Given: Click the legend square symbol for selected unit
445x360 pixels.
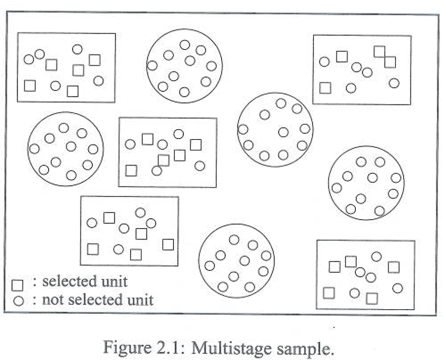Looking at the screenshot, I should click(x=17, y=285).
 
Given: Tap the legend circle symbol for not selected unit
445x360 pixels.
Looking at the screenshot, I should click(x=18, y=300).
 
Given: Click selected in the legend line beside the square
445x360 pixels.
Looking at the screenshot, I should click(x=72, y=281).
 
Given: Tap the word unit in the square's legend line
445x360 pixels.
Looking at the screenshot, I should click(x=116, y=281).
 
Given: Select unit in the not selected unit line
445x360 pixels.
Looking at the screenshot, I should click(x=141, y=300).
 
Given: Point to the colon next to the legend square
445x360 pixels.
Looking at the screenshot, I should click(x=34, y=282).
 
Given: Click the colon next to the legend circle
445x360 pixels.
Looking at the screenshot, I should click(x=34, y=300).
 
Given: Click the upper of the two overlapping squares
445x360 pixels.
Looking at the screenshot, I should click(x=379, y=52).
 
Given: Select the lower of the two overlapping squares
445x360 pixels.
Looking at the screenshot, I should click(x=390, y=62).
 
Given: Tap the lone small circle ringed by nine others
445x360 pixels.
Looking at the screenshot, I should click(x=283, y=132).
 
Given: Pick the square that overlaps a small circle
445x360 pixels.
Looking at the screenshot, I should click(x=164, y=160).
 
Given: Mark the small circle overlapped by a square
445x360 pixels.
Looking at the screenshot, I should click(x=157, y=170).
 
